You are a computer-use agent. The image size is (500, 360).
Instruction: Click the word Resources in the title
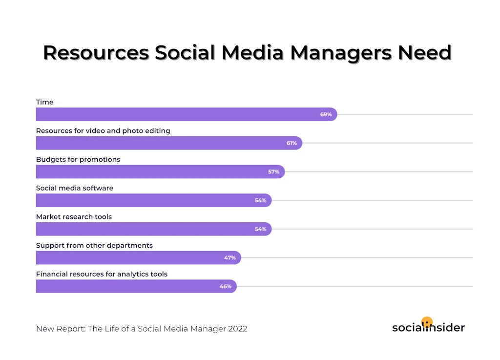(x=96, y=53)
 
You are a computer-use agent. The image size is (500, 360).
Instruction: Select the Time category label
(x=45, y=102)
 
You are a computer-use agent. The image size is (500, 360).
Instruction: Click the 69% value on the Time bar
(x=326, y=114)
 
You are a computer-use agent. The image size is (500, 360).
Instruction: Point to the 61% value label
(x=292, y=143)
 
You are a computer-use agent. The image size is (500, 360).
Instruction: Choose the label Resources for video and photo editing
(x=103, y=131)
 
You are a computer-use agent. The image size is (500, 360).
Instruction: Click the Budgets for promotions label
(x=78, y=159)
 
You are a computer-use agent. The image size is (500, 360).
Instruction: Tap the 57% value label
(x=273, y=172)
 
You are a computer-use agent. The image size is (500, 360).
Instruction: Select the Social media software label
(x=75, y=188)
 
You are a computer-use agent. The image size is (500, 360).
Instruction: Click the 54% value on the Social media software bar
(x=260, y=200)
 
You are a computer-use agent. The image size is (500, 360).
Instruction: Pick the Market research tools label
(x=74, y=217)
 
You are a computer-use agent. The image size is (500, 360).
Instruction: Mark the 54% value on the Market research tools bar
(x=260, y=229)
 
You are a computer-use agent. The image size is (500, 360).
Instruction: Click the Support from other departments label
(x=94, y=245)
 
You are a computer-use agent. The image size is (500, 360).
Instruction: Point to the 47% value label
(x=230, y=258)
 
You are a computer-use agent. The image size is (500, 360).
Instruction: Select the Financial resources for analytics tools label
(x=102, y=274)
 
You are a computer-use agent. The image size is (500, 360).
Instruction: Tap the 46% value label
(x=225, y=286)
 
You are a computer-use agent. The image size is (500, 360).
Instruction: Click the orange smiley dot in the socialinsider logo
(x=427, y=322)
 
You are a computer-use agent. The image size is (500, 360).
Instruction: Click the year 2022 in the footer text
(x=237, y=329)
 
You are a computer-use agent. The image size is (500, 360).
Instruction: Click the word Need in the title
(x=424, y=53)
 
